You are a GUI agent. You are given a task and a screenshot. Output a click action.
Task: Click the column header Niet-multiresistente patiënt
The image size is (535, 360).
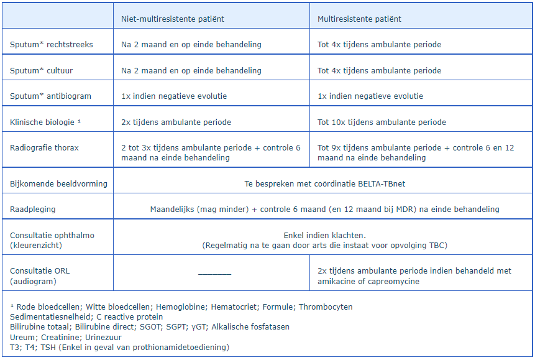(x=173, y=19)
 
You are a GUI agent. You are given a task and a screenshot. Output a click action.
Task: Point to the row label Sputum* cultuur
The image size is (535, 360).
(x=42, y=71)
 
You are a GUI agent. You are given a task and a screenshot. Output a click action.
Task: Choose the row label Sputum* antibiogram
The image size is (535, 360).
(x=50, y=96)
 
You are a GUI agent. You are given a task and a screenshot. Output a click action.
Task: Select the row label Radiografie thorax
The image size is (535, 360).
(x=44, y=148)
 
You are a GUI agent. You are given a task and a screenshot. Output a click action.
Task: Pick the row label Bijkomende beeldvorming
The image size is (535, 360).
(x=58, y=183)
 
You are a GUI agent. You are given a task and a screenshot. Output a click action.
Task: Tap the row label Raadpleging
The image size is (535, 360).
(x=33, y=210)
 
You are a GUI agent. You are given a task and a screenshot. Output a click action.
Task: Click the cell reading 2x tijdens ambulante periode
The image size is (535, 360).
(x=176, y=122)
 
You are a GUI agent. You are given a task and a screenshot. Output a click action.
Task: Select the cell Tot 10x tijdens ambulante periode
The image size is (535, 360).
(x=382, y=122)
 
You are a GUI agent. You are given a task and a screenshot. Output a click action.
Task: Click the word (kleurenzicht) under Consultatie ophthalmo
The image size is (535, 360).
(x=36, y=246)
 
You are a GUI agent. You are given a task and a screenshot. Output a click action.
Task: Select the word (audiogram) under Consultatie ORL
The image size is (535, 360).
(x=31, y=282)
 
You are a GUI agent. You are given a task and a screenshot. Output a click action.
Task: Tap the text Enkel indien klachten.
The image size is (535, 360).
(x=323, y=236)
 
